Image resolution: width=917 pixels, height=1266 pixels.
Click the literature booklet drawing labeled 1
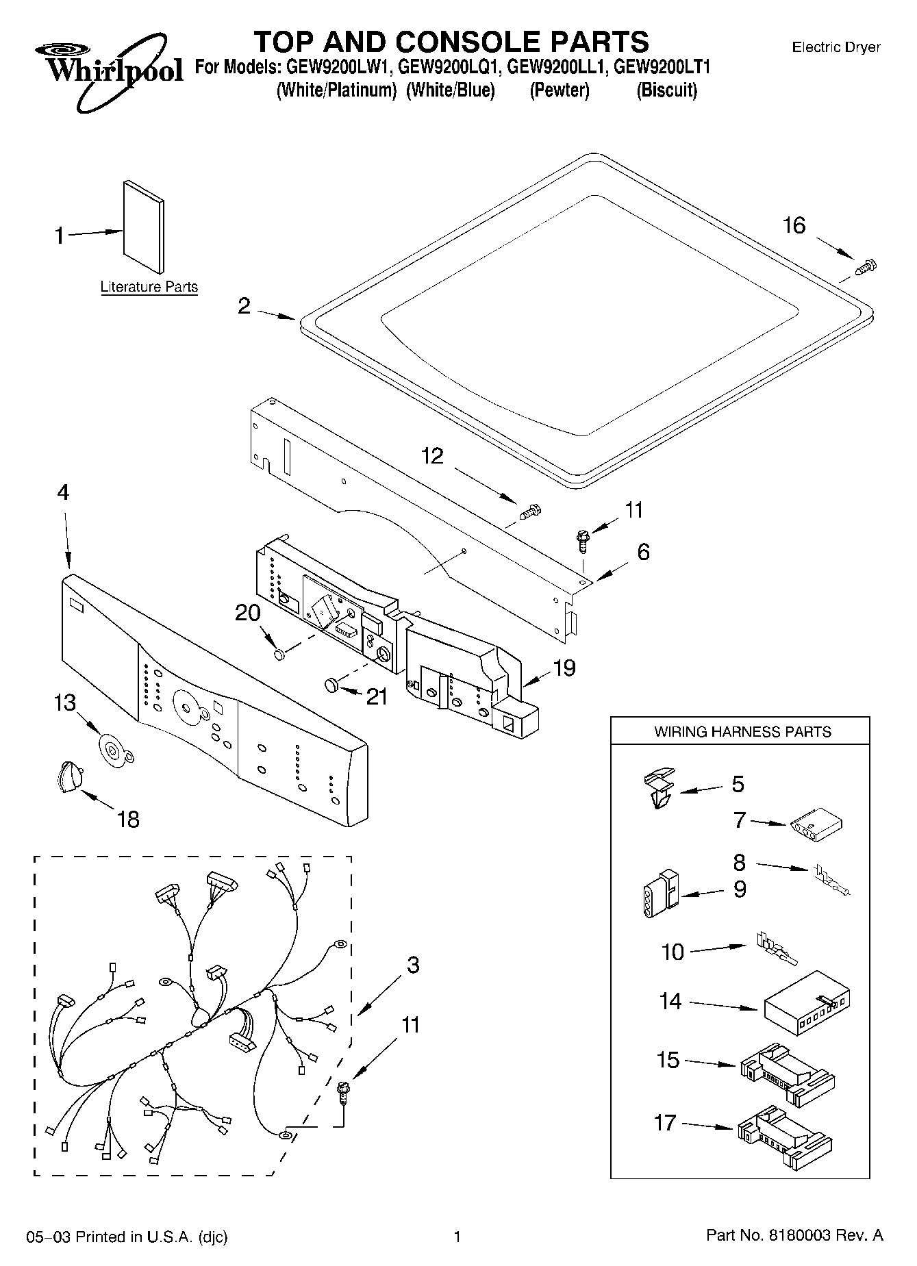(143, 226)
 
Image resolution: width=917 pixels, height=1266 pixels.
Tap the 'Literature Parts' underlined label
(149, 288)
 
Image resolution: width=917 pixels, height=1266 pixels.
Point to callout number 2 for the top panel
(244, 306)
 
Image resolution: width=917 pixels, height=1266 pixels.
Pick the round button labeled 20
(279, 655)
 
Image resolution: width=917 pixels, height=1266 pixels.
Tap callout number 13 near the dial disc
(65, 703)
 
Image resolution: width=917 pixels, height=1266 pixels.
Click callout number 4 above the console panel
(63, 492)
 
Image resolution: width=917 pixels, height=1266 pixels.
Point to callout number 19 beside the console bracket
(564, 668)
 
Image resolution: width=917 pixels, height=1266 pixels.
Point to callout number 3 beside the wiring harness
(412, 965)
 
